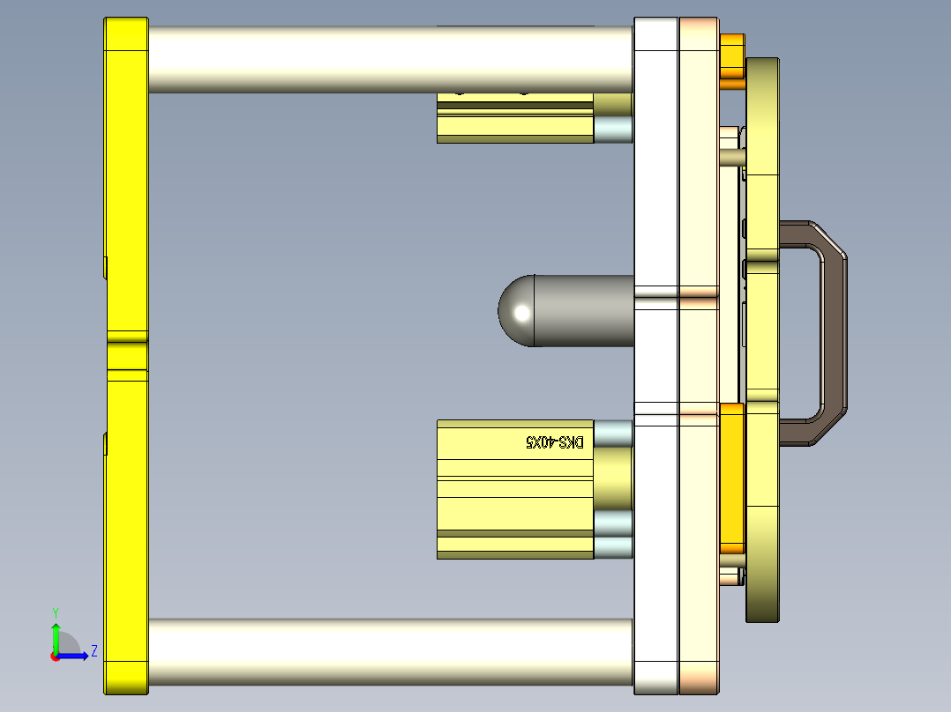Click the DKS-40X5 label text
coord(555,441)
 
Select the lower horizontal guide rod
coord(388,652)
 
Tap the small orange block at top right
coord(732,56)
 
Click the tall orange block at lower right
coord(732,476)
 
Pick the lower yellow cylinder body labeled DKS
coord(516,493)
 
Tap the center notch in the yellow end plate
coord(127,356)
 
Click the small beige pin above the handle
coord(733,157)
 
